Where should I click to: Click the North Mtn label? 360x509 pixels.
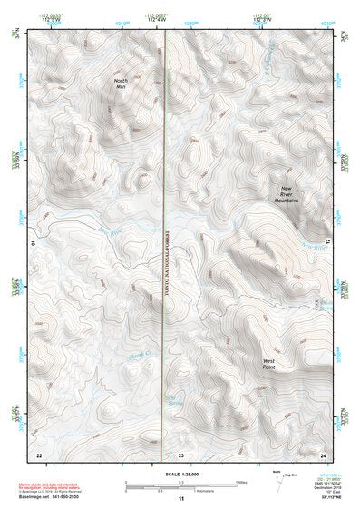click(120, 84)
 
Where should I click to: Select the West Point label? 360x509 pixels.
click(269, 364)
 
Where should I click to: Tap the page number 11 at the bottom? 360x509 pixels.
click(180, 499)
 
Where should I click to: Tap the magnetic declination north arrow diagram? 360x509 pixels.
click(277, 479)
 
